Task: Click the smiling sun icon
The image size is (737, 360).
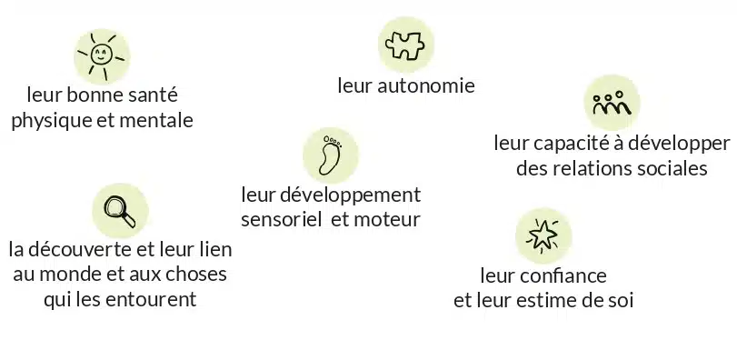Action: pos(101,55)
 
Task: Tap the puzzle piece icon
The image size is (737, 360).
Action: pos(405,45)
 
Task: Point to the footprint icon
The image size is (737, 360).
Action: pos(330,155)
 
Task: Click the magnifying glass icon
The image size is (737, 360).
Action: pos(120,211)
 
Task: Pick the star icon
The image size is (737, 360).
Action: pos(543,235)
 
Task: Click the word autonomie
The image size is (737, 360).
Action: pos(426,86)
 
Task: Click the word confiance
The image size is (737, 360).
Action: pos(567,275)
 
